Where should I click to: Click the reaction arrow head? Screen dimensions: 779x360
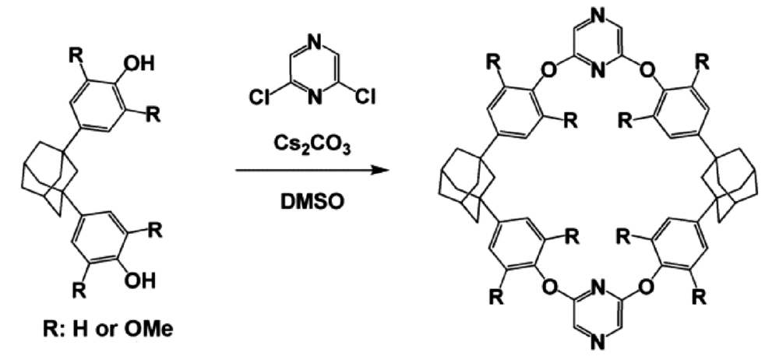pyautogui.click(x=382, y=171)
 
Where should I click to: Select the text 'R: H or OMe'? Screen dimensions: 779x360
pyautogui.click(x=108, y=329)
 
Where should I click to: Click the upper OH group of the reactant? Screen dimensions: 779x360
pyautogui.click(x=139, y=64)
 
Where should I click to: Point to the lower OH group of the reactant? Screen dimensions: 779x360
pyautogui.click(x=139, y=282)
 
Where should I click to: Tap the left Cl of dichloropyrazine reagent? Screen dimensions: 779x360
pyautogui.click(x=260, y=97)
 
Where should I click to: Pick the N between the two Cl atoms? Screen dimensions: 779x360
pyautogui.click(x=313, y=98)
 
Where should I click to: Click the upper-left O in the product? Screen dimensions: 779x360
pyautogui.click(x=549, y=70)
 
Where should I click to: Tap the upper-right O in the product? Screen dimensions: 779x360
pyautogui.click(x=647, y=70)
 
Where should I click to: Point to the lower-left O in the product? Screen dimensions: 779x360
pyautogui.click(x=549, y=287)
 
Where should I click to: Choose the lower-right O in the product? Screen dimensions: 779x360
pyautogui.click(x=647, y=287)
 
